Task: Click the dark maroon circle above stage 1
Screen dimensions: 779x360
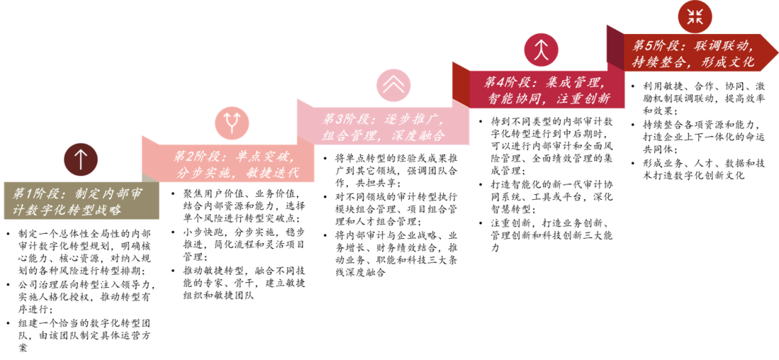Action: click(80, 159)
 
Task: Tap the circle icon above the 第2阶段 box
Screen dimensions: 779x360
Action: click(232, 123)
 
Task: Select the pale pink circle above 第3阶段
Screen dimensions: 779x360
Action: click(393, 85)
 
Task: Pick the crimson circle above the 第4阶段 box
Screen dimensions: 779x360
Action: click(541, 50)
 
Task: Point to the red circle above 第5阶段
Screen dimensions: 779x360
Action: click(695, 17)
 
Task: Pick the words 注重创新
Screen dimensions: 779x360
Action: click(583, 99)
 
